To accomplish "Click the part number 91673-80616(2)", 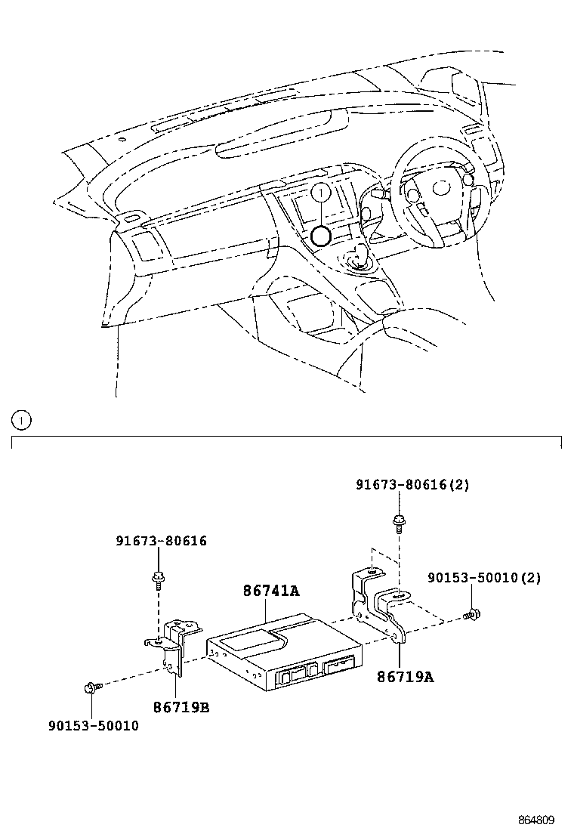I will [x=412, y=485].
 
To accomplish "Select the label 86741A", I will [x=270, y=591].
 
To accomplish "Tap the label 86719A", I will [x=406, y=677].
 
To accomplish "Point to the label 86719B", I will [x=181, y=708].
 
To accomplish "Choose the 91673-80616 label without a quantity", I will [x=161, y=541].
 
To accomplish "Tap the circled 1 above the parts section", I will [x=21, y=418].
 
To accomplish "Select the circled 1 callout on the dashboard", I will [x=320, y=194].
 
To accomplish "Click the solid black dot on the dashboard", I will [x=321, y=236].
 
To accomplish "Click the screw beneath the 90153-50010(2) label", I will [x=473, y=615].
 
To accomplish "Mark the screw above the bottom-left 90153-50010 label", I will [x=92, y=687].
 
